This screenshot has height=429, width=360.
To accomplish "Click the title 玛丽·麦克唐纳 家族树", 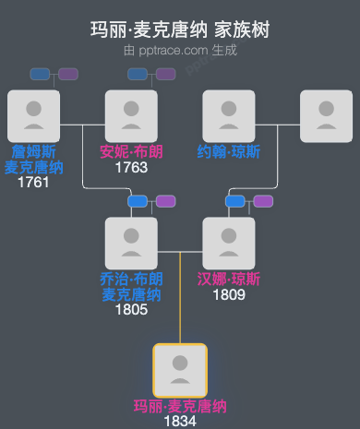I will (180, 30).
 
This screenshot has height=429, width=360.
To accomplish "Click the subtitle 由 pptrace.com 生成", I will (180, 50).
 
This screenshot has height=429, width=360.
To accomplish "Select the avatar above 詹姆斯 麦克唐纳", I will (33, 116).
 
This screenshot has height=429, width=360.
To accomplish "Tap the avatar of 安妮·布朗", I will (131, 116).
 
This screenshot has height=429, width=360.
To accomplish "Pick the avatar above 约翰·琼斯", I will (229, 116).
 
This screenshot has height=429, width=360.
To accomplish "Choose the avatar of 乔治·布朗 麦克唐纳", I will (131, 243).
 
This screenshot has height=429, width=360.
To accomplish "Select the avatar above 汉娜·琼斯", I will (229, 243).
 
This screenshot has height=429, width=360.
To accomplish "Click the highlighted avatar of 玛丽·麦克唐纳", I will (180, 370).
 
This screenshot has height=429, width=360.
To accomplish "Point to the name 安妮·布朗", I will (131, 152).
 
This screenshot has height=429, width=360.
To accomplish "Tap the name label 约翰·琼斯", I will (229, 152).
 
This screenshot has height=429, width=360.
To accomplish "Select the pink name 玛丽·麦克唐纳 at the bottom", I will (180, 406).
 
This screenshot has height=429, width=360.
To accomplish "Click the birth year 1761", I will (33, 183).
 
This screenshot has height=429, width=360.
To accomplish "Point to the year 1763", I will (131, 168).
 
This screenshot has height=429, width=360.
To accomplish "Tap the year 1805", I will (131, 310).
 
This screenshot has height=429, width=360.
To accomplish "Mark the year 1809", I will (229, 295).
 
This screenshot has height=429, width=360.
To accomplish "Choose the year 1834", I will (180, 421).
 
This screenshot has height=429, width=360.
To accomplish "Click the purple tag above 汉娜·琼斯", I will (263, 201).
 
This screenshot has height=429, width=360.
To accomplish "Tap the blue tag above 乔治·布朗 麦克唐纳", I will (138, 201).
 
